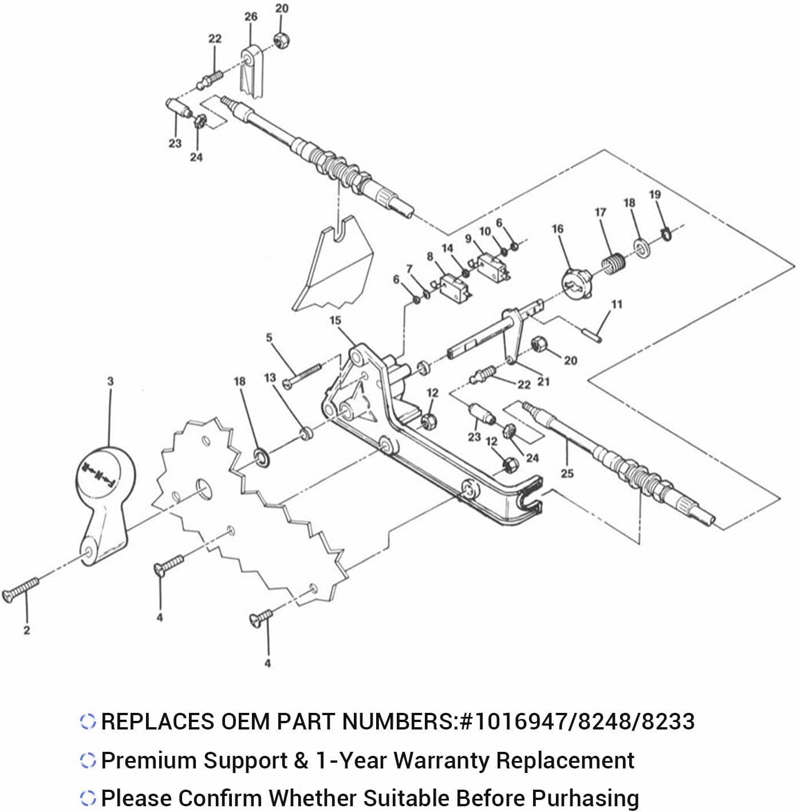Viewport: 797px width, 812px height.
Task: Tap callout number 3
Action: point(111,381)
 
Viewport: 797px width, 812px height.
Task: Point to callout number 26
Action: point(251,17)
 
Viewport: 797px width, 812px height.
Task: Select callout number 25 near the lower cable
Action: point(567,473)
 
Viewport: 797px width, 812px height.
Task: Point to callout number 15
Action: point(336,320)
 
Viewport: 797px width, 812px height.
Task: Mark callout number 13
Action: point(270,378)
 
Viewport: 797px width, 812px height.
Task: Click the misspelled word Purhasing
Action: point(585,798)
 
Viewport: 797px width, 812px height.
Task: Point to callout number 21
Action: point(543,381)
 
